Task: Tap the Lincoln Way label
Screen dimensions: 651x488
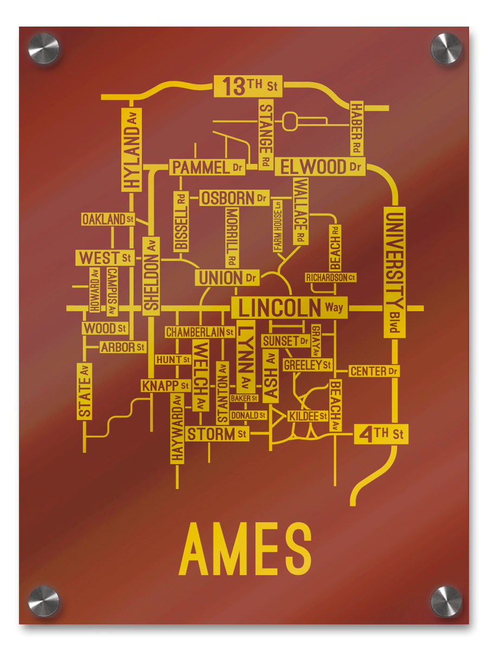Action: tap(290, 308)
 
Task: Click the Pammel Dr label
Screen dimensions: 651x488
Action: tap(207, 167)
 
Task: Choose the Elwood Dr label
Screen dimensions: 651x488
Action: tap(320, 167)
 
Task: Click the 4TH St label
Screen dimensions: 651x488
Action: tap(381, 434)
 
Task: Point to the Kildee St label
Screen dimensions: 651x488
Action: tap(307, 416)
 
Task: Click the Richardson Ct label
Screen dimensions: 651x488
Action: tap(331, 277)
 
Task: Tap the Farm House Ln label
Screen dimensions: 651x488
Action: tap(278, 226)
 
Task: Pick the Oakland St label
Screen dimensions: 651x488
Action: tap(108, 219)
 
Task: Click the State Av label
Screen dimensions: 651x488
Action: tap(85, 391)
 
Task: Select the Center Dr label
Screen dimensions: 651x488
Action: tap(374, 372)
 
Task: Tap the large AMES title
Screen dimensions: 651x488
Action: tap(245, 549)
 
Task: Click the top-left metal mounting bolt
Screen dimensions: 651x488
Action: tap(43, 48)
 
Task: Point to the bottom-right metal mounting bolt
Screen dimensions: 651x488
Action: tap(446, 601)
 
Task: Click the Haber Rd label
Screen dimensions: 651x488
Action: tap(356, 128)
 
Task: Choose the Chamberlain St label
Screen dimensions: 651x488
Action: tap(200, 331)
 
